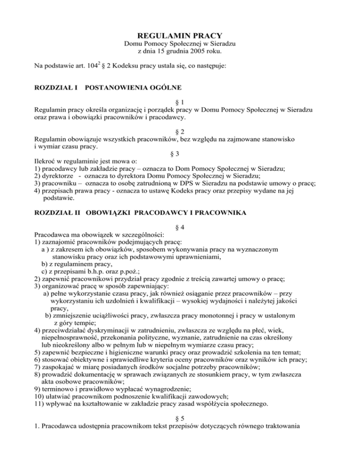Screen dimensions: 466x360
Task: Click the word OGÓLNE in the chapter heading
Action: (x=168, y=88)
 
